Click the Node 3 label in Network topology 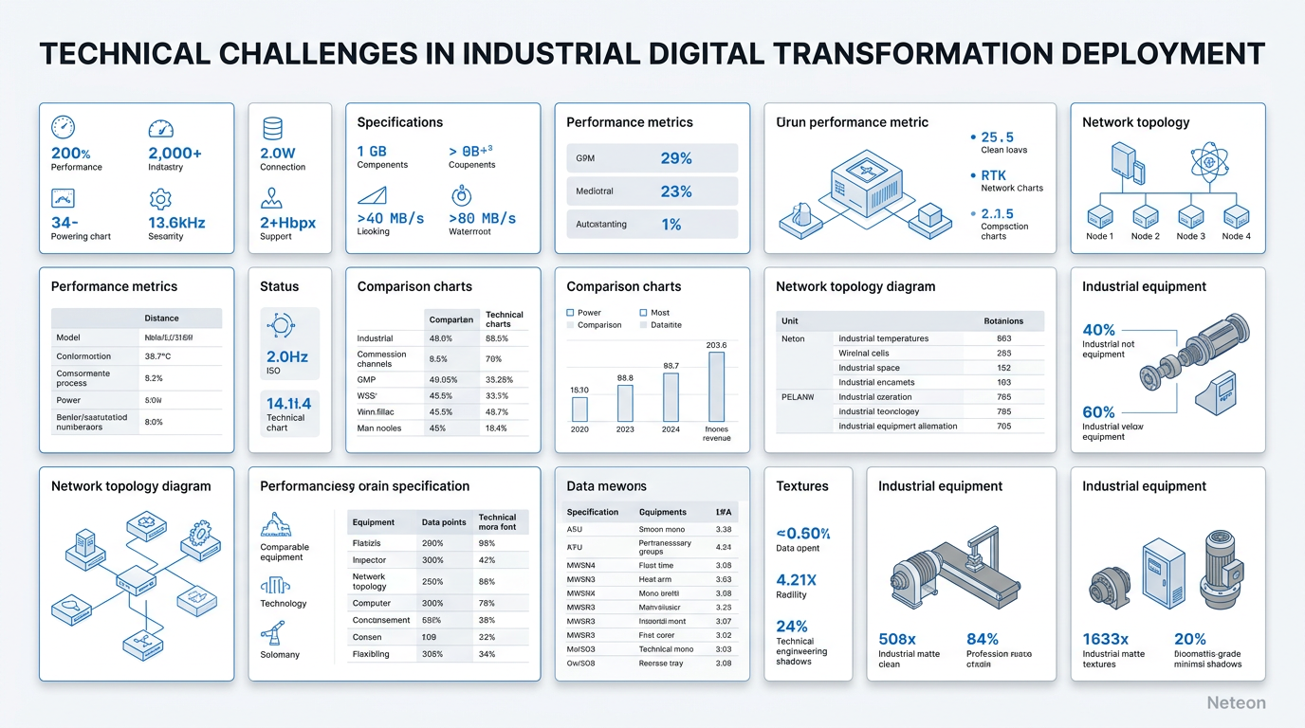point(1190,236)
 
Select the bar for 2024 point(671,397)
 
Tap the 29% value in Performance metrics point(675,158)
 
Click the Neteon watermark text point(1236,702)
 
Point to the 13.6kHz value point(176,222)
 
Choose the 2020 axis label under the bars point(579,429)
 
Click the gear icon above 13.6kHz point(160,199)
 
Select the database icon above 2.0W point(272,128)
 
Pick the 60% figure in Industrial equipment point(1098,411)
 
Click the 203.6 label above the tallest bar point(716,345)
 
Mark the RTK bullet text point(993,175)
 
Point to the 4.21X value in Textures point(797,579)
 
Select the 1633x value point(1105,639)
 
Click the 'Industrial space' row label point(869,368)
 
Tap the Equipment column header point(373,522)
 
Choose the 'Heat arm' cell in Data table point(655,579)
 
